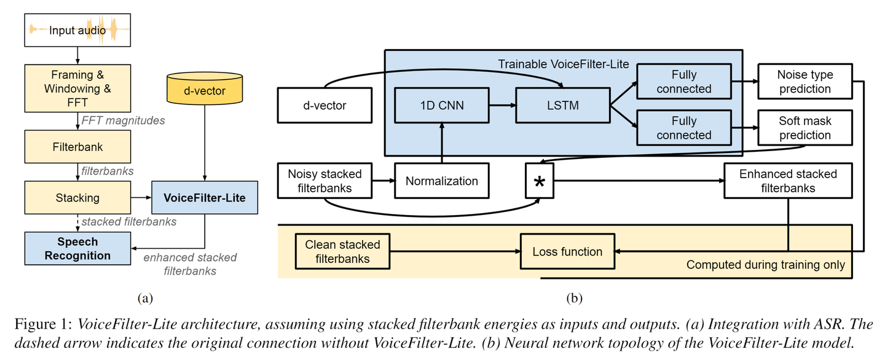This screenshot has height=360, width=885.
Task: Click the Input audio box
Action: [x=77, y=30]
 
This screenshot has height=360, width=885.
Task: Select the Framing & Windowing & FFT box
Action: [x=77, y=88]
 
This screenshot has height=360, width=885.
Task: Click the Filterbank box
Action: [x=77, y=147]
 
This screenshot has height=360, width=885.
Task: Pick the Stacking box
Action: [x=77, y=198]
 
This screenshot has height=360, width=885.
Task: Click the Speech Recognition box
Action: [x=77, y=249]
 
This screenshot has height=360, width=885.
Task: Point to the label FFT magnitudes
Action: [x=123, y=121]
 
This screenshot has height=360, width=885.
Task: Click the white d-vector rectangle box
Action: [x=324, y=105]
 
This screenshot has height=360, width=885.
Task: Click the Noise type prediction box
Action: [x=804, y=82]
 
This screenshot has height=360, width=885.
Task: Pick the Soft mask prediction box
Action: [x=804, y=128]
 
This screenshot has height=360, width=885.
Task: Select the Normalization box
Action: [x=441, y=181]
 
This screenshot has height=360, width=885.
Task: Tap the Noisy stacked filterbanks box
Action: [x=324, y=181]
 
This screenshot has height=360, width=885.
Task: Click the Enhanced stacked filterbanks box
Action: [x=787, y=181]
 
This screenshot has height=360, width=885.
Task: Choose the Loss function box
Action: [x=567, y=251]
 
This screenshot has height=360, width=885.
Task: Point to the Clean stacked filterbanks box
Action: [x=342, y=251]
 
